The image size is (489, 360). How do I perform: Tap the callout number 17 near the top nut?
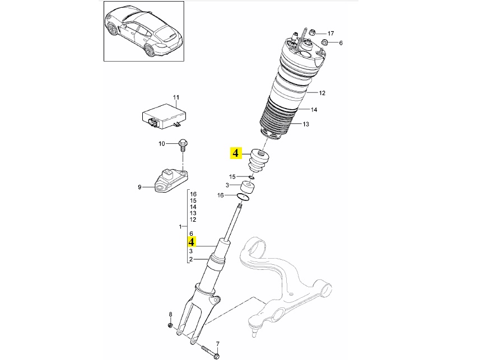(330, 33)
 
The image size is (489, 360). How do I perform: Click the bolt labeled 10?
(181, 145)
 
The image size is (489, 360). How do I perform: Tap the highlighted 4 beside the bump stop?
(235, 152)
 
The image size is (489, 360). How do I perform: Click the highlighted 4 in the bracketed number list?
(192, 242)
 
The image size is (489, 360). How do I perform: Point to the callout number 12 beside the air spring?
(322, 92)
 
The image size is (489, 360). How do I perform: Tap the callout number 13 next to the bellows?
(306, 124)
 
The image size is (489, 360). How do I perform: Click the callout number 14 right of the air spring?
(314, 110)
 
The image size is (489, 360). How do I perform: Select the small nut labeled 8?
(170, 325)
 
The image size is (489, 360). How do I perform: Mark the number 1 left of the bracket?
(180, 227)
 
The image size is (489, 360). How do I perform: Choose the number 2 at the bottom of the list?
(191, 259)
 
